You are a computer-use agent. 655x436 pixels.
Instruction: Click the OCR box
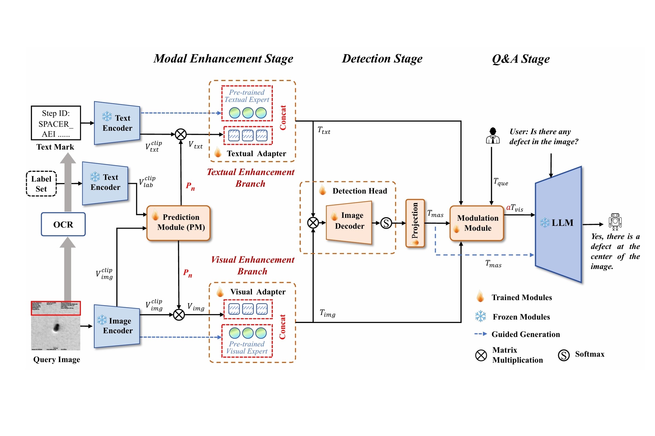(x=63, y=224)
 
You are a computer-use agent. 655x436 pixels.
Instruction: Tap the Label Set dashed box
(x=41, y=184)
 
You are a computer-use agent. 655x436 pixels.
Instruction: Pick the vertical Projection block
(x=415, y=223)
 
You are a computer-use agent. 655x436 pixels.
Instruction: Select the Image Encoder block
(x=117, y=326)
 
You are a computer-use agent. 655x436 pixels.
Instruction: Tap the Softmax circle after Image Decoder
(x=386, y=223)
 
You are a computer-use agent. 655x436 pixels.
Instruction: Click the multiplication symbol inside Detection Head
(x=313, y=223)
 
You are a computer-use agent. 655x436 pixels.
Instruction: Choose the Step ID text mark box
(x=56, y=123)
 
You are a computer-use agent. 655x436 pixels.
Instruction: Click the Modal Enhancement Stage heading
(x=223, y=59)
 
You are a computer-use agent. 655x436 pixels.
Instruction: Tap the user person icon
(x=493, y=136)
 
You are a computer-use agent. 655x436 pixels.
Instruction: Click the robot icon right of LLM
(x=615, y=222)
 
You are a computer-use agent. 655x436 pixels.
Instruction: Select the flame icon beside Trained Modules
(x=480, y=296)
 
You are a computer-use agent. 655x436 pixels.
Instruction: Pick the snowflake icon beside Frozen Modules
(x=480, y=316)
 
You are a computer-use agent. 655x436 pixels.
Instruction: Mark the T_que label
(x=501, y=182)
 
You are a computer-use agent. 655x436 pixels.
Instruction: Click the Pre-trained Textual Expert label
(x=247, y=96)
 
